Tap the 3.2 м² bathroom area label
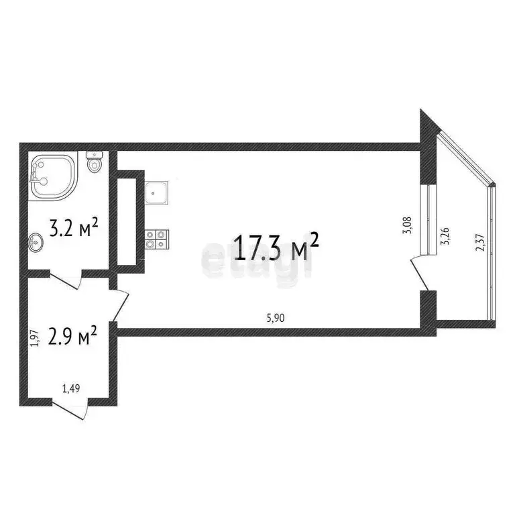click(x=75, y=229)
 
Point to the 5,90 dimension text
click(x=276, y=319)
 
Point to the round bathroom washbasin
click(x=36, y=242)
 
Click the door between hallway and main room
click(x=120, y=304)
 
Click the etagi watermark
click(x=257, y=262)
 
